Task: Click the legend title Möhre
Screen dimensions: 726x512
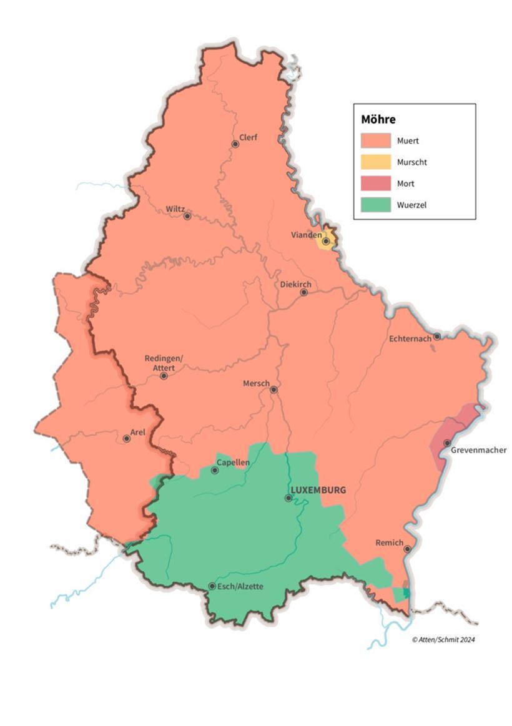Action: coord(378,119)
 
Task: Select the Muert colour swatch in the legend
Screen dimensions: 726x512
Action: coord(376,141)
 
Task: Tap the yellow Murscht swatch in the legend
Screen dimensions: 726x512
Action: coord(376,162)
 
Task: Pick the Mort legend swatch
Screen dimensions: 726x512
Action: coord(376,184)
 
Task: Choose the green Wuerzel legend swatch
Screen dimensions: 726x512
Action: coord(376,205)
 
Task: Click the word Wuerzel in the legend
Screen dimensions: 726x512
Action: coord(411,205)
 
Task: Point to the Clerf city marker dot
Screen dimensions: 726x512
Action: coord(235,144)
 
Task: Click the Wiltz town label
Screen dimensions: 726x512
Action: coord(175,209)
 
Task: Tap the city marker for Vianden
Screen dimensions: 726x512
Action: coord(326,241)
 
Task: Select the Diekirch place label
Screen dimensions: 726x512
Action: coord(295,284)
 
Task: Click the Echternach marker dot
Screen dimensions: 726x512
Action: coord(437,336)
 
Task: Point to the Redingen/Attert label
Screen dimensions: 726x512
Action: coord(164,363)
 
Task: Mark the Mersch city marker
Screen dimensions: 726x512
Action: coord(273,390)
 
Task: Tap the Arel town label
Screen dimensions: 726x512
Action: coord(137,431)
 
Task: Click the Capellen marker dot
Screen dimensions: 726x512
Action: coord(215,470)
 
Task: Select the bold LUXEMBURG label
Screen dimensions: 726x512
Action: coord(318,490)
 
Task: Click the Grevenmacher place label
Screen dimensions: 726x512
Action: coord(480,449)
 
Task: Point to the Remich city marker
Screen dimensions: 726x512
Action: coord(407,549)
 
